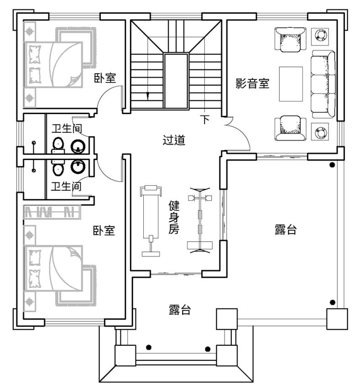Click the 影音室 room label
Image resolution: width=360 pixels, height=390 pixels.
[x=252, y=83]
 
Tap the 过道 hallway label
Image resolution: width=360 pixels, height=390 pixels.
[x=174, y=140]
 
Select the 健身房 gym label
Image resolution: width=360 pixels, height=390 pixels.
[x=174, y=218]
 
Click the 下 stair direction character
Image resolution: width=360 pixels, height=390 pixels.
[x=205, y=120]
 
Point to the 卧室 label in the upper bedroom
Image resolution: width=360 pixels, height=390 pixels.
[x=105, y=78]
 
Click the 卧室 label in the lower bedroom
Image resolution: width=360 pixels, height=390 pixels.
[x=104, y=230]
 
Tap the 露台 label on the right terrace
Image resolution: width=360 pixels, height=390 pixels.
[x=286, y=229]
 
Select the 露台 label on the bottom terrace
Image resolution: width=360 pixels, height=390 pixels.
[x=180, y=310]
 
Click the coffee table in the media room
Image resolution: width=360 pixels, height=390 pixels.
[x=291, y=84]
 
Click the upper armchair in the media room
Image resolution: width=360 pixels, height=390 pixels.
[x=290, y=40]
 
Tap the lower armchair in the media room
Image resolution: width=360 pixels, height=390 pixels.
[x=290, y=128]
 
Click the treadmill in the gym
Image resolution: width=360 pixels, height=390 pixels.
[x=151, y=221]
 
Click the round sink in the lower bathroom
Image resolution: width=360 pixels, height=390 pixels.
[x=78, y=166]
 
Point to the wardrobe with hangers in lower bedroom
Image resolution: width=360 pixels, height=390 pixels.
[x=52, y=212]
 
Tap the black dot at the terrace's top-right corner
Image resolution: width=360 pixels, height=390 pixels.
[x=332, y=165]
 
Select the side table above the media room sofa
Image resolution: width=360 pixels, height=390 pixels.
[x=320, y=36]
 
